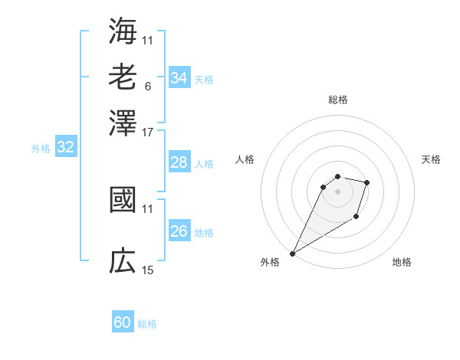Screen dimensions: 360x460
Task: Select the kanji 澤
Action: pos(123,123)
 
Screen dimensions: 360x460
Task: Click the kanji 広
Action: pos(123,262)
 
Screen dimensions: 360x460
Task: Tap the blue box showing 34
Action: pos(179,78)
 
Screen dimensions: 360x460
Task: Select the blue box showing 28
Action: pos(179,163)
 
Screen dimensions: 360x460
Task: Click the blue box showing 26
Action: pos(179,231)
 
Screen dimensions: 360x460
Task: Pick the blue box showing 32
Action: pos(66,148)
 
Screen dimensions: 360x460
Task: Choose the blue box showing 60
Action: pos(123,322)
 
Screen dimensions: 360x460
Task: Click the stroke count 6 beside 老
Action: pos(147,86)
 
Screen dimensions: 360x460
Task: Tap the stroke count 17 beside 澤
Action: pos(148,132)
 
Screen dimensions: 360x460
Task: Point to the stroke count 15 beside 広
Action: pos(148,270)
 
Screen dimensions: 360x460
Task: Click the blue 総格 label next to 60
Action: pos(148,324)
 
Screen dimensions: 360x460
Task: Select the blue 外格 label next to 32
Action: pos(41,149)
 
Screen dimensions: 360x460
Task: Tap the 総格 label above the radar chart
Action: pos(338,100)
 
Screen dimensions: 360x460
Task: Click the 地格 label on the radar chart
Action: pos(402,262)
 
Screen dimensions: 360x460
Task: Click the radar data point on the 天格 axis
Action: pos(367,182)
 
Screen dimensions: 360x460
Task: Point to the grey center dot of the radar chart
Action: pos(338,191)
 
